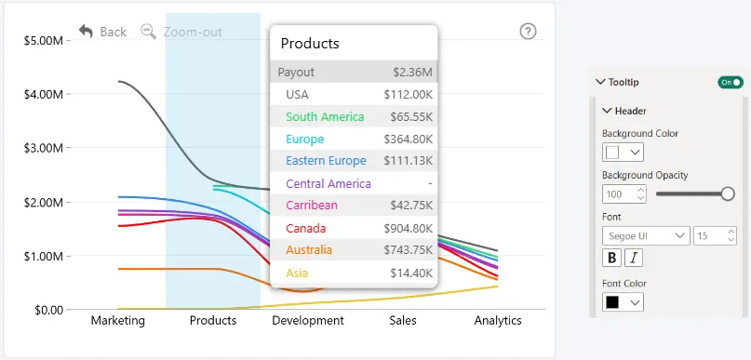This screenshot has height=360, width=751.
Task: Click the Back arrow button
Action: click(x=86, y=32)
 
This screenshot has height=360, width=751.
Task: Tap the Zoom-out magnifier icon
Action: click(x=149, y=32)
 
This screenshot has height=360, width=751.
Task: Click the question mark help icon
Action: click(x=528, y=32)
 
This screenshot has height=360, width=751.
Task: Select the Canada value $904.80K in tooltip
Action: click(x=408, y=228)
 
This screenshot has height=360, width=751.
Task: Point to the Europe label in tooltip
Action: click(x=305, y=140)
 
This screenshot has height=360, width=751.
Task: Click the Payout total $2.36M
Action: click(x=413, y=73)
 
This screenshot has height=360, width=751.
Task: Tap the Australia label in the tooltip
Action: click(x=309, y=250)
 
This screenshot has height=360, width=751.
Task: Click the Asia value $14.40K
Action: click(x=411, y=273)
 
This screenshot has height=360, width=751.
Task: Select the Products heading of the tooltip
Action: click(x=310, y=44)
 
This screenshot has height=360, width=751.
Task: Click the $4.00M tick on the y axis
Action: click(x=44, y=94)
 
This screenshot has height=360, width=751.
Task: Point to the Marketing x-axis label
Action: click(x=118, y=320)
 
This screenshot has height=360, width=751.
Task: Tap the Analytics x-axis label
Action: click(x=498, y=320)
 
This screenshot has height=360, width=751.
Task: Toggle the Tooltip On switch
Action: click(x=731, y=83)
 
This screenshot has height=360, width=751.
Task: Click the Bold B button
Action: click(x=611, y=258)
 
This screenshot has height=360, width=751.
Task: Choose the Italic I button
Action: click(x=634, y=258)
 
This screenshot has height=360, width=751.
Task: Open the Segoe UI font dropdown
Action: click(x=646, y=235)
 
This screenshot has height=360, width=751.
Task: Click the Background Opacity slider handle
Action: click(x=728, y=193)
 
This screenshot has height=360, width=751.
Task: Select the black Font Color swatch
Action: click(x=612, y=302)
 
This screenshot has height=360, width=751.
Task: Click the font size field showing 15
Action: click(x=715, y=235)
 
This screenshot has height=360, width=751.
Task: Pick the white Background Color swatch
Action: click(x=612, y=153)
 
